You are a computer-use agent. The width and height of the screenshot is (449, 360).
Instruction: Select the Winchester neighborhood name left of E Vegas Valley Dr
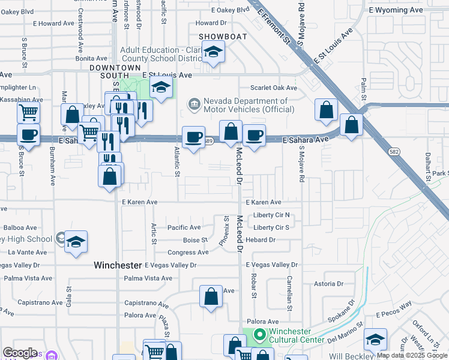[118, 265]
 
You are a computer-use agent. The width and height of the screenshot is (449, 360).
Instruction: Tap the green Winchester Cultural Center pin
[260, 335]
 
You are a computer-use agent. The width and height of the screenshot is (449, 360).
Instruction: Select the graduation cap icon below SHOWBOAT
[212, 53]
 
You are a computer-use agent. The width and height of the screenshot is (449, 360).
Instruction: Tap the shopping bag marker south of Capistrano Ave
[211, 297]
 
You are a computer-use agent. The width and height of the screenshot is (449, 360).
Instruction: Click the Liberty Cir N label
[271, 215]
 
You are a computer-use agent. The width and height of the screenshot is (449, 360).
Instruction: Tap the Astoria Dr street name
[328, 284]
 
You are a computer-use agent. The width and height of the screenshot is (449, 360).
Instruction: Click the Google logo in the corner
[20, 353]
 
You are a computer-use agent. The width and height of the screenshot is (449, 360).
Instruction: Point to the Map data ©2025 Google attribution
[412, 356]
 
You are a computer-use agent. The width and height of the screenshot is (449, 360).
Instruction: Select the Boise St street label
[195, 240]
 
